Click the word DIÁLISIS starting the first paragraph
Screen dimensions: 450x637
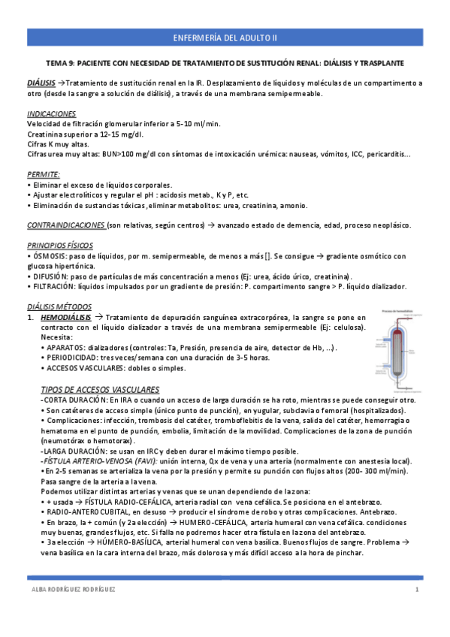41,83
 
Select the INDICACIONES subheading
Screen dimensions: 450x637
51,113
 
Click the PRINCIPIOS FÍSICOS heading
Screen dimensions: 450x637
58,245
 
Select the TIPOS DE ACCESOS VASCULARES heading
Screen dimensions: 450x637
100,389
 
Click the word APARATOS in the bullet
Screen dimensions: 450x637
65,348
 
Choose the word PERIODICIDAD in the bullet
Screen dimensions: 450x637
71,358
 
